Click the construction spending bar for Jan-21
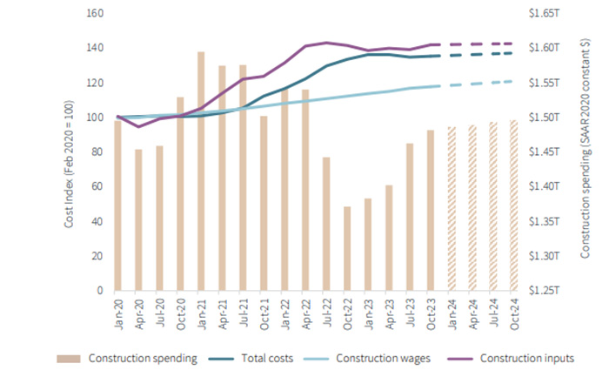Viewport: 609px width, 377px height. (x=200, y=171)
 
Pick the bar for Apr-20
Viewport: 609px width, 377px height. (x=138, y=219)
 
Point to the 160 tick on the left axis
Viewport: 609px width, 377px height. (x=96, y=14)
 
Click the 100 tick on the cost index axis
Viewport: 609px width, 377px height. (x=96, y=118)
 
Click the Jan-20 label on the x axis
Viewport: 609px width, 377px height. (x=117, y=310)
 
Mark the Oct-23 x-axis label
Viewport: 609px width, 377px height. (x=430, y=310)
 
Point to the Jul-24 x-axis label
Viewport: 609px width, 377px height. (x=492, y=310)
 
